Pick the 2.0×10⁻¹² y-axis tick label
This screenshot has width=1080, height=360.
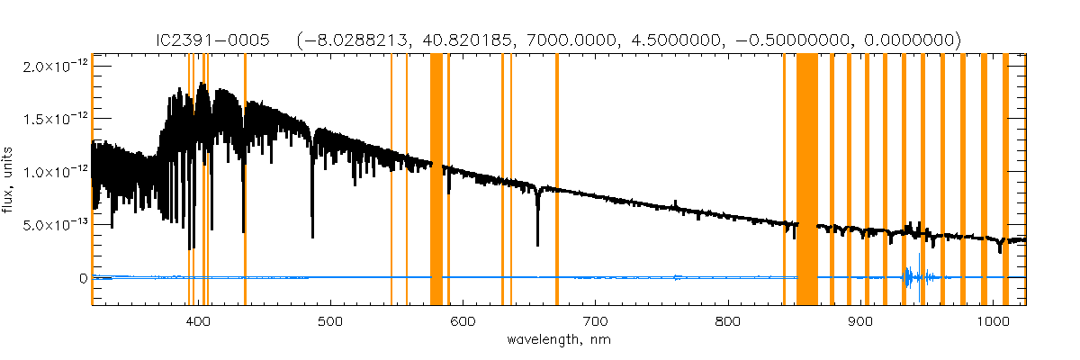pyautogui.click(x=56, y=67)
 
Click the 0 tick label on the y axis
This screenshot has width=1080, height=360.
pyautogui.click(x=83, y=278)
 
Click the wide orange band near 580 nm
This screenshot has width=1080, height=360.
pyautogui.click(x=436, y=180)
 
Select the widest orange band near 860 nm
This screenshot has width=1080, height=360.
pyautogui.click(x=807, y=180)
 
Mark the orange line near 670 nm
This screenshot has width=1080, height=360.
pyautogui.click(x=557, y=180)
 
